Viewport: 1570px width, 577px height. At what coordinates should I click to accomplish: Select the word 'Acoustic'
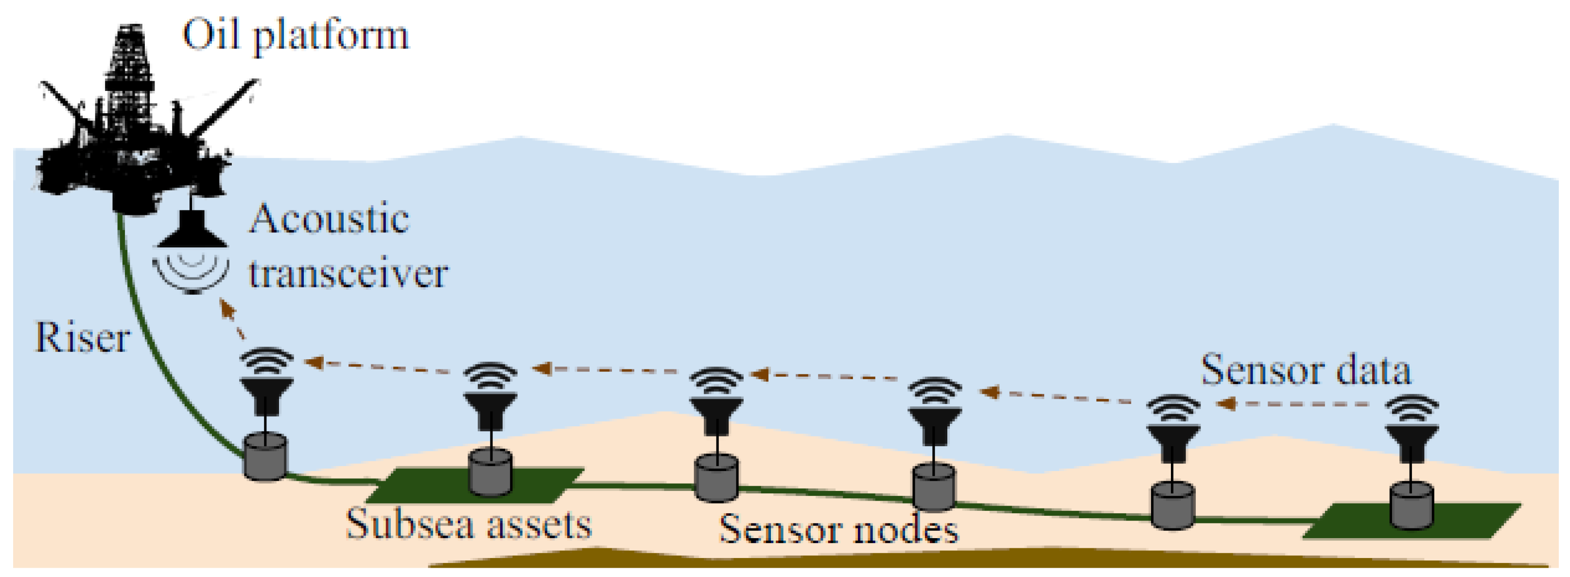click(329, 219)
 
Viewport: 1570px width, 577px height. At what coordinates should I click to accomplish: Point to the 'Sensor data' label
click(1306, 370)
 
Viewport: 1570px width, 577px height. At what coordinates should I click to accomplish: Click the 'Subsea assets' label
click(469, 524)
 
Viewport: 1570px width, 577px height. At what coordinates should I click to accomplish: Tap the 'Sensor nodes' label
click(838, 529)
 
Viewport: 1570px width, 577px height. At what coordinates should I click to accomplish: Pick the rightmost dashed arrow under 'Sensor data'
click(1298, 404)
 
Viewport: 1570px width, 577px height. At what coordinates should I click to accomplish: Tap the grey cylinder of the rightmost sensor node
click(1412, 506)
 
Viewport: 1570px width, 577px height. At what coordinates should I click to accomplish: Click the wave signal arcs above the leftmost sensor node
click(267, 361)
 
